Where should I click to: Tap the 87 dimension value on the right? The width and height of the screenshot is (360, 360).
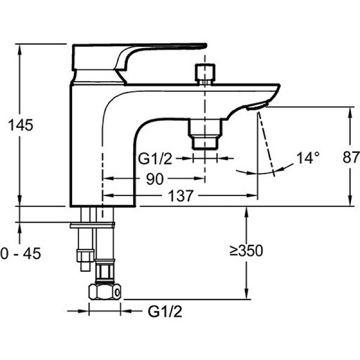pos(350,157)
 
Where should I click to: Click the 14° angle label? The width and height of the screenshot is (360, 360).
pos(307,158)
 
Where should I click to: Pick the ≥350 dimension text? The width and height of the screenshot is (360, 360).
pos(246,251)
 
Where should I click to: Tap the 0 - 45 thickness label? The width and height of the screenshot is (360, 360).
pos(20,254)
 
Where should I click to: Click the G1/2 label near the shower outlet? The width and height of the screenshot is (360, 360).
pos(156,159)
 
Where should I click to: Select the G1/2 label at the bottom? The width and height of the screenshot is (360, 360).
pos(164,311)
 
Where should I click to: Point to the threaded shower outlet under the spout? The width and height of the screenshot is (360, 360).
pos(205,133)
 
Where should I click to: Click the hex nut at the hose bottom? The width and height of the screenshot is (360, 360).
pos(104,292)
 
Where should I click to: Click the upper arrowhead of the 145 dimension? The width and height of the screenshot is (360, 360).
pos(20,47)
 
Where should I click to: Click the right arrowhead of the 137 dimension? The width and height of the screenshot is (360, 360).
pos(254,196)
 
